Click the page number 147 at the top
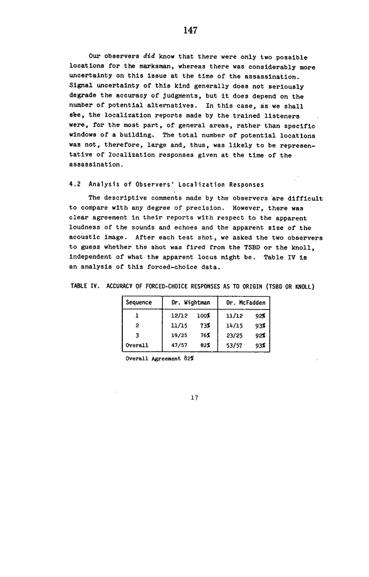pos(191,30)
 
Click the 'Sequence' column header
pos(139,303)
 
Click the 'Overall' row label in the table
pos(136,345)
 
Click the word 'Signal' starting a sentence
pos(81,86)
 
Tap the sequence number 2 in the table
pos(138,325)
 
